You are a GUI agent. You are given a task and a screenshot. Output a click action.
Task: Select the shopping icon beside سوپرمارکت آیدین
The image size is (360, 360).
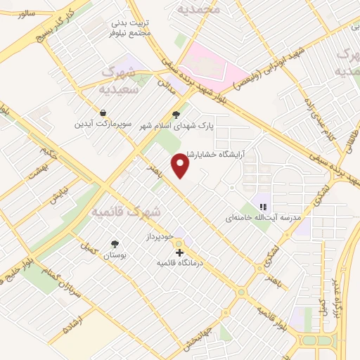tap(103, 112)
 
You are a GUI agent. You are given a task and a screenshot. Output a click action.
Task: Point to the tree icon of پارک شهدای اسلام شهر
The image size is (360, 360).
tap(176, 114)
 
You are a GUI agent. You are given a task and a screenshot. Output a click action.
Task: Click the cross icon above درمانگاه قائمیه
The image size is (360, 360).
tap(179, 252)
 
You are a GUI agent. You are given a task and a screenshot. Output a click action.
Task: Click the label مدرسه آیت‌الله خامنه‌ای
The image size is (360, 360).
tap(257, 218)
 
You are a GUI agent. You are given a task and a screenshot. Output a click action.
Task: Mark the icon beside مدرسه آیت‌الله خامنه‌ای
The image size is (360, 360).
tap(263, 207)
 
